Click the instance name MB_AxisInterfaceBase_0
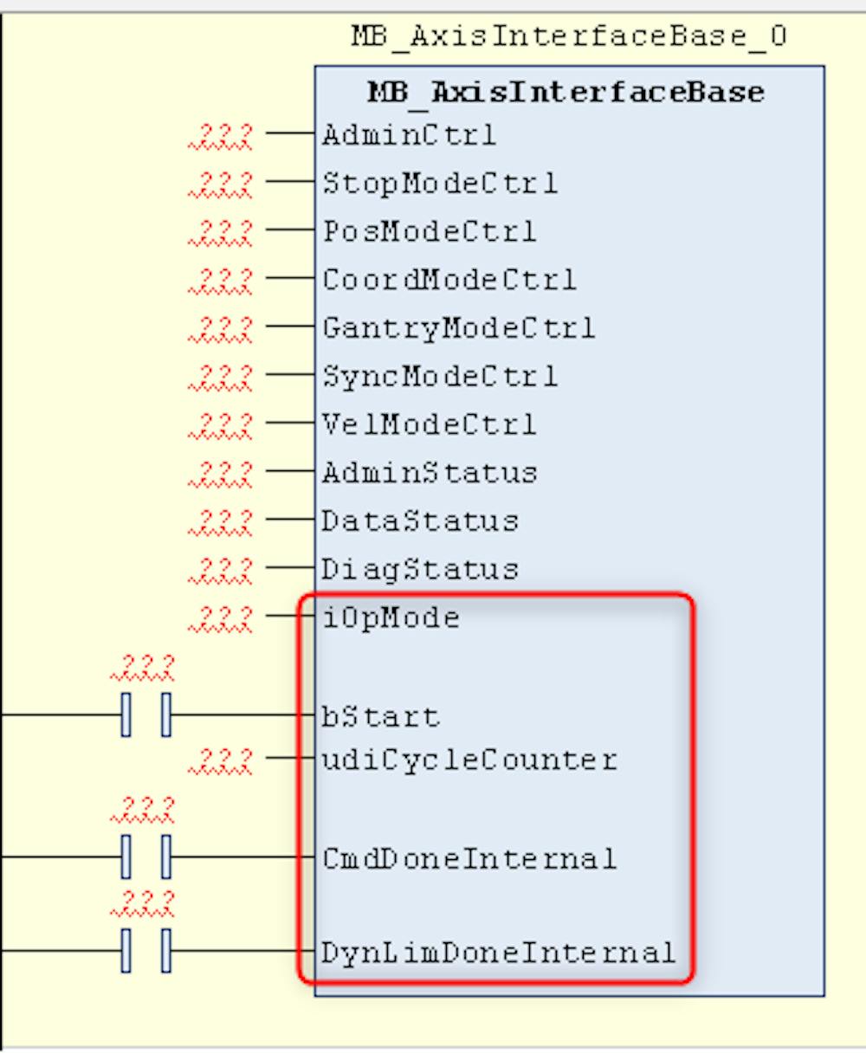click(568, 36)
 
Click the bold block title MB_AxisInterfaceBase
click(565, 92)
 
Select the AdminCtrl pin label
click(409, 134)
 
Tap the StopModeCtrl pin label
click(440, 183)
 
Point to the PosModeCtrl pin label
click(430, 231)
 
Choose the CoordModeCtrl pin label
click(449, 279)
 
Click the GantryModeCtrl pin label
click(458, 327)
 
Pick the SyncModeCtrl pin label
click(440, 376)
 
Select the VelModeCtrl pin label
click(430, 424)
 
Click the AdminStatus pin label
click(430, 473)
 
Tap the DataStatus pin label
click(420, 521)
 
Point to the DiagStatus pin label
click(420, 569)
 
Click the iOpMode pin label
click(391, 618)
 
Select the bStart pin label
click(381, 716)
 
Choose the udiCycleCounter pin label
click(469, 760)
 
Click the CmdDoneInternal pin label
click(469, 858)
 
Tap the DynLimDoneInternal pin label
click(498, 953)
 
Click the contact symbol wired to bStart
click(145, 715)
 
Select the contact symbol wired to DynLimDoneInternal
click(145, 951)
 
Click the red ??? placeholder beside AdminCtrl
click(221, 135)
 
